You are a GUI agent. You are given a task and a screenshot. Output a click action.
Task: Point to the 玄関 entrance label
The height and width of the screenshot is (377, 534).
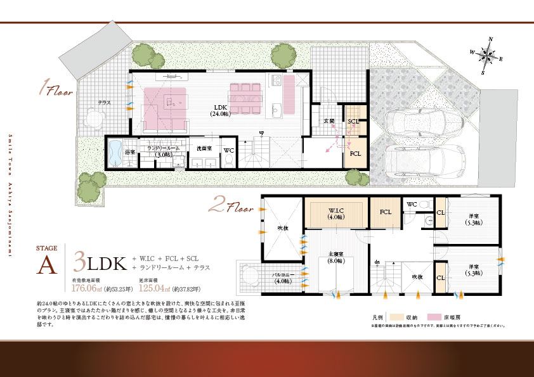coord(329,121)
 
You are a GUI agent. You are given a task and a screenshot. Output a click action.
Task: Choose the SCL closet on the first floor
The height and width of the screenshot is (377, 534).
coord(353,122)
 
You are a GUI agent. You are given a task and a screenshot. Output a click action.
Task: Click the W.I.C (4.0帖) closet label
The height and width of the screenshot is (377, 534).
coord(335,214)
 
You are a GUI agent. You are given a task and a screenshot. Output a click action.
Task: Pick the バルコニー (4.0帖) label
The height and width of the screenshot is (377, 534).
coord(282,278)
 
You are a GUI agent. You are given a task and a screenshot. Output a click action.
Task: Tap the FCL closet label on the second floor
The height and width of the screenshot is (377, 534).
coord(386,213)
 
